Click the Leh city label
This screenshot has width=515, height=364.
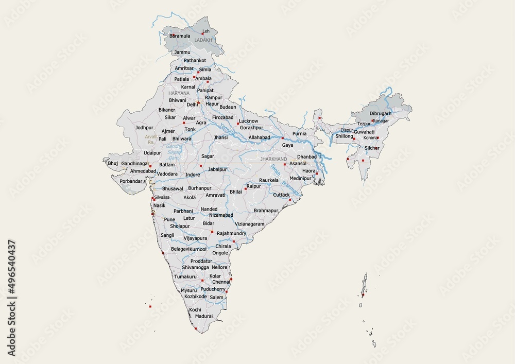tap(206, 31)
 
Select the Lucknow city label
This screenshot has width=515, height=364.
tap(249, 120)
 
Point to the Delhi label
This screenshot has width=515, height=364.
tap(192, 104)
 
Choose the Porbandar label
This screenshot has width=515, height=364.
tap(127, 181)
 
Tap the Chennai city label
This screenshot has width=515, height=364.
tap(221, 282)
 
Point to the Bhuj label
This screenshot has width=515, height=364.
tap(113, 163)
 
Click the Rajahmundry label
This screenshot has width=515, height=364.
tap(231, 233)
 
